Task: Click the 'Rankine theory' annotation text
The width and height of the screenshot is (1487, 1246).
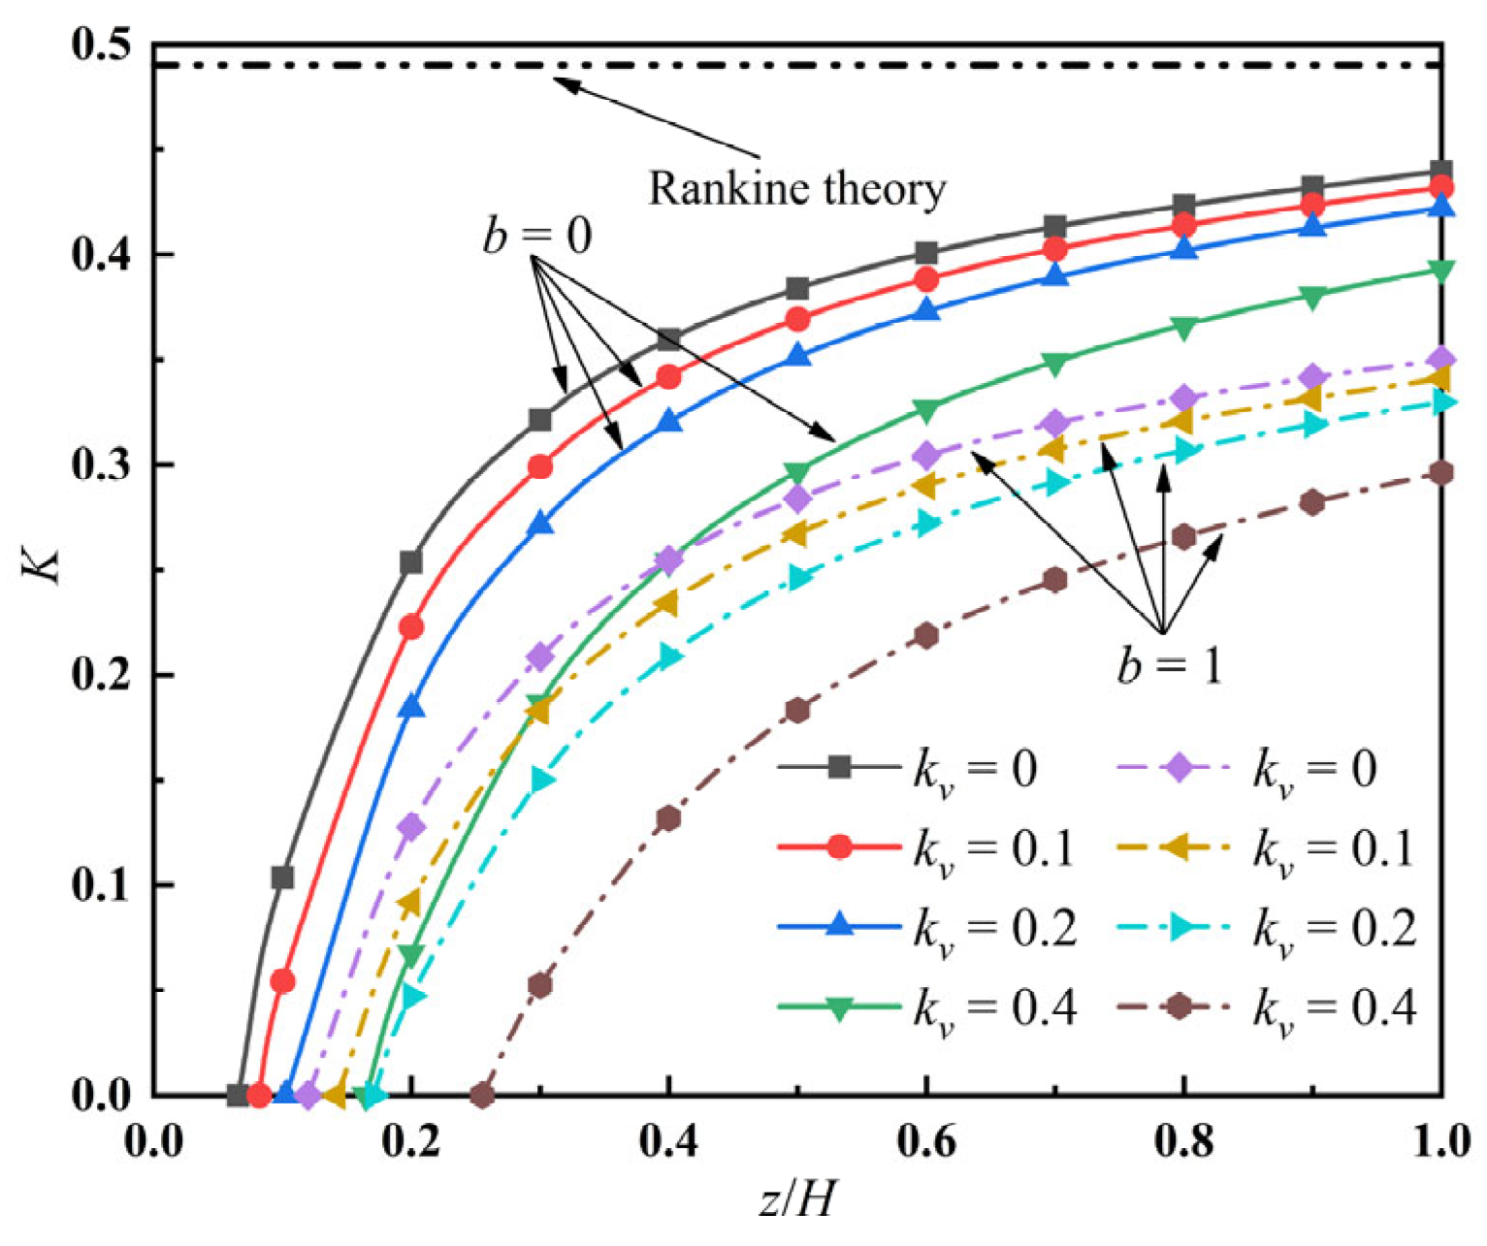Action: tap(796, 189)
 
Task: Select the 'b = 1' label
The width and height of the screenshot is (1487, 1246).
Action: tap(1169, 666)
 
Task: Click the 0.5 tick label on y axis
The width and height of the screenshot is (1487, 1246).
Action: tap(101, 47)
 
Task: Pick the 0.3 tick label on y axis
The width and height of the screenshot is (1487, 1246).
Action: tap(101, 465)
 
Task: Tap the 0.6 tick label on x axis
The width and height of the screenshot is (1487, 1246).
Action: tap(926, 1142)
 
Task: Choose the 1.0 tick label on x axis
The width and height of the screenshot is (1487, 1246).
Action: tap(1439, 1142)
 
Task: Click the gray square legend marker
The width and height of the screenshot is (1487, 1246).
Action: tap(840, 768)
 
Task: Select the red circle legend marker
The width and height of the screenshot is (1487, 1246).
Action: tap(840, 847)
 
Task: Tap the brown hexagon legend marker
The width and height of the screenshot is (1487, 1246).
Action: tap(1179, 1007)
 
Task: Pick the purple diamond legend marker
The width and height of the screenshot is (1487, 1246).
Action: tap(1179, 768)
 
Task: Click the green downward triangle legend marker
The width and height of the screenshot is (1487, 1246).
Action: tap(840, 1008)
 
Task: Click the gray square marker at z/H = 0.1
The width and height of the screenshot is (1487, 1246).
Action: tap(282, 878)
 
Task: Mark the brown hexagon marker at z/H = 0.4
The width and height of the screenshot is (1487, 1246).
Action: tap(668, 818)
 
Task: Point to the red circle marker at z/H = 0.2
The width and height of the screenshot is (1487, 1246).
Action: tap(411, 627)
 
